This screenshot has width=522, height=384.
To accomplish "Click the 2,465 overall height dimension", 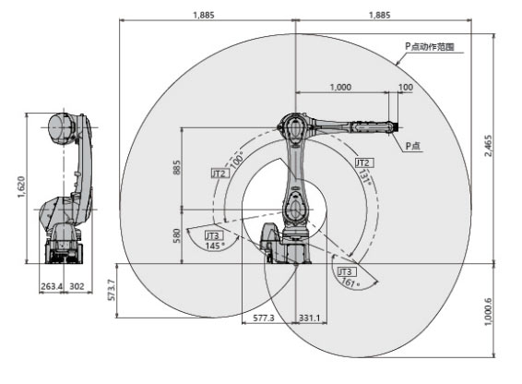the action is click(488, 145).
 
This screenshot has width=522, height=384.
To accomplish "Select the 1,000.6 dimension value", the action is click(488, 312).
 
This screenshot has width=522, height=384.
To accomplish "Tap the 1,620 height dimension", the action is click(21, 186).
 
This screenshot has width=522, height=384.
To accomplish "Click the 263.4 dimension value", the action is click(52, 286).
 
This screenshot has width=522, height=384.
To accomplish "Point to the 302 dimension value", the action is click(77, 286).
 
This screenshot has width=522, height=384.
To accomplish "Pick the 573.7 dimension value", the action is click(112, 290).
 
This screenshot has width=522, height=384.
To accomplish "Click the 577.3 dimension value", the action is click(264, 318).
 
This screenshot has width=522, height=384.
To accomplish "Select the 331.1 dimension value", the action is click(309, 318).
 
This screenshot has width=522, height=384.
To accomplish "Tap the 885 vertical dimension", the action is click(177, 167).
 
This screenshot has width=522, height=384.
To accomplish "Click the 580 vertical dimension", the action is click(177, 235).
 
